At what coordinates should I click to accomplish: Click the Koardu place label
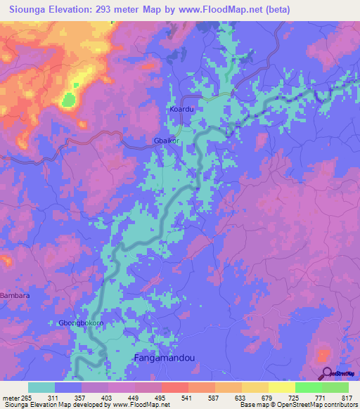181,110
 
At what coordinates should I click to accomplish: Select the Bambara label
15,296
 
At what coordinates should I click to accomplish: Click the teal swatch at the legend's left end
41,387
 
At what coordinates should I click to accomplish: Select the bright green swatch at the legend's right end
335,387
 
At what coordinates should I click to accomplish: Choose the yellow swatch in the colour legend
281,387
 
